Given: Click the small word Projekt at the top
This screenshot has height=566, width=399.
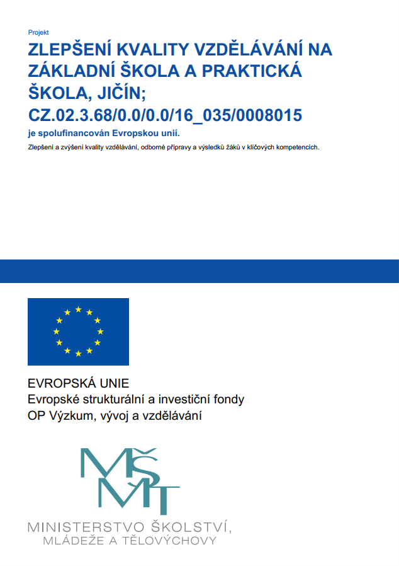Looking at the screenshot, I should click(38, 32).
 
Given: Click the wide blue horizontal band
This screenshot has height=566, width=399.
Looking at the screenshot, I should click(199, 270).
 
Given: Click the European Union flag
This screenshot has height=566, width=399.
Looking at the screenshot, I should click(78, 332).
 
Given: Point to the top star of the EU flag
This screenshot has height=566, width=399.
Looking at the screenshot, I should click(78, 309).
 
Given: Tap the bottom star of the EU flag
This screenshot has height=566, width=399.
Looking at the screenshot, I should click(78, 354).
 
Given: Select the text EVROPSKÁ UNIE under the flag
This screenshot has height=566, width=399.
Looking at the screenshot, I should click(78, 383).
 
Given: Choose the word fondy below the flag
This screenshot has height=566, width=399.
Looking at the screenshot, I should click(230, 399).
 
